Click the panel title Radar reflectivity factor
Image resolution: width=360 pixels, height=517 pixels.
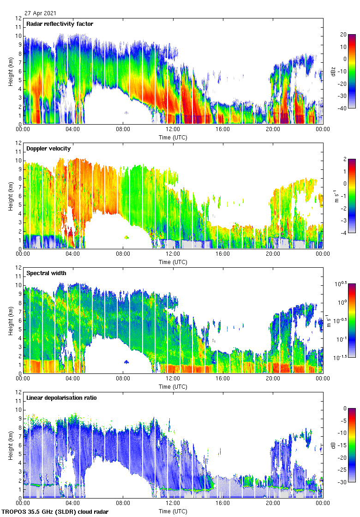coord(60,24)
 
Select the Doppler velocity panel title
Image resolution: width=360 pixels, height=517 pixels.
coord(48,149)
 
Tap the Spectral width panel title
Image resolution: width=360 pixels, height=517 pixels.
coord(47,273)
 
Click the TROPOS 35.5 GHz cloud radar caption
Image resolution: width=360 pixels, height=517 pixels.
coord(55,512)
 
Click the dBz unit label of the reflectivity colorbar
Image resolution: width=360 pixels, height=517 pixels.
coord(333,71)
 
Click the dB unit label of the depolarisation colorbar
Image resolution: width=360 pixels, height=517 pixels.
coord(333,445)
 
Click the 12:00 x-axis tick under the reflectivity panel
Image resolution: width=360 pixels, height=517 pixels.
coord(173,130)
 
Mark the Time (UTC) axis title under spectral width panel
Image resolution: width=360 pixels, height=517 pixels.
coord(173,386)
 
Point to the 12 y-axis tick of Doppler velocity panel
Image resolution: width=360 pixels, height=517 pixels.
coord(18,143)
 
